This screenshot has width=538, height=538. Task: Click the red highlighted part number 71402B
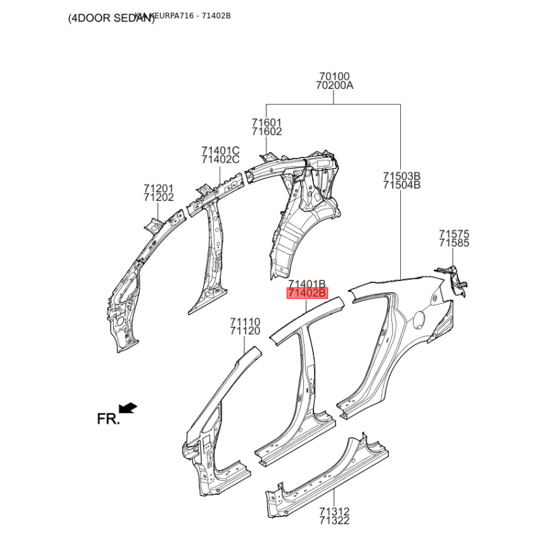tap(307, 294)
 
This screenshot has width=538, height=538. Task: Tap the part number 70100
tap(334, 77)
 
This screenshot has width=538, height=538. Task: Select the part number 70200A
tap(334, 86)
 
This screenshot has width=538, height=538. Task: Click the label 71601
tap(267, 122)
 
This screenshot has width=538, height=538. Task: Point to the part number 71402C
tap(220, 159)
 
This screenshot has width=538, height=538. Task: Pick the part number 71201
tap(158, 188)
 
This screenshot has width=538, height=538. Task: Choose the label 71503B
tap(401, 176)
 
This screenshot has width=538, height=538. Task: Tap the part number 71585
tap(454, 243)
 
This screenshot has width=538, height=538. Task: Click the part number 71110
tap(245, 322)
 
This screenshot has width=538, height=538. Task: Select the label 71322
tap(334, 521)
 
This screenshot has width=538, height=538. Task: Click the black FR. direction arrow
tap(128, 408)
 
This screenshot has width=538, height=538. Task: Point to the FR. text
tap(108, 419)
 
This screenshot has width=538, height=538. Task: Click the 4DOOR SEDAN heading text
tap(111, 19)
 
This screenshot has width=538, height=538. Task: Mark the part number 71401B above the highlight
tap(307, 284)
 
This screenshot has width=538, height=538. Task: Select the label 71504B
tap(401, 185)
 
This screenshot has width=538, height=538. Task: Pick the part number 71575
tap(454, 234)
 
